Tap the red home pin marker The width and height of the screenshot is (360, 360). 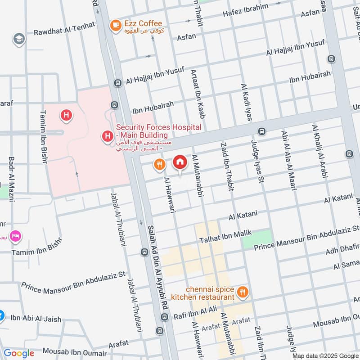pyautogui.click(x=180, y=162)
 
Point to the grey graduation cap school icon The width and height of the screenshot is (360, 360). pyautogui.click(x=19, y=39)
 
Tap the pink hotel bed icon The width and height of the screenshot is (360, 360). pyautogui.click(x=15, y=235)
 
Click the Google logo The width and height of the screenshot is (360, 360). pyautogui.click(x=18, y=353)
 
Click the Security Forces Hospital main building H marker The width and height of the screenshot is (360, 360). pyautogui.click(x=107, y=135)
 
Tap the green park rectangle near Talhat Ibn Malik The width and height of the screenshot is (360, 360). pyautogui.click(x=257, y=238)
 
